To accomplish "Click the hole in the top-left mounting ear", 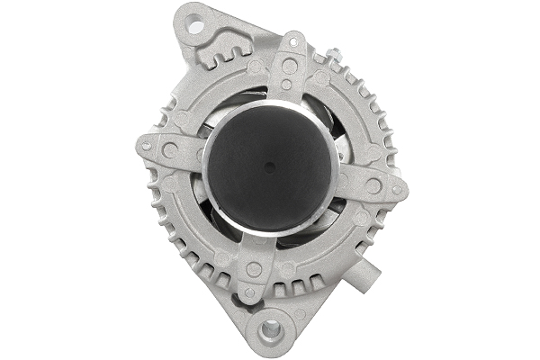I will [x=194, y=26].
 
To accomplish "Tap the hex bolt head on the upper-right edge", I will [x=332, y=56].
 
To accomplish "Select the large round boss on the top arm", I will [x=288, y=66].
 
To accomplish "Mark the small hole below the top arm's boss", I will [x=286, y=85].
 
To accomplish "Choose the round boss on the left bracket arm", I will [x=169, y=151].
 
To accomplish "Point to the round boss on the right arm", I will [x=373, y=186].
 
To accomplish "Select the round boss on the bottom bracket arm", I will [x=254, y=269].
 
